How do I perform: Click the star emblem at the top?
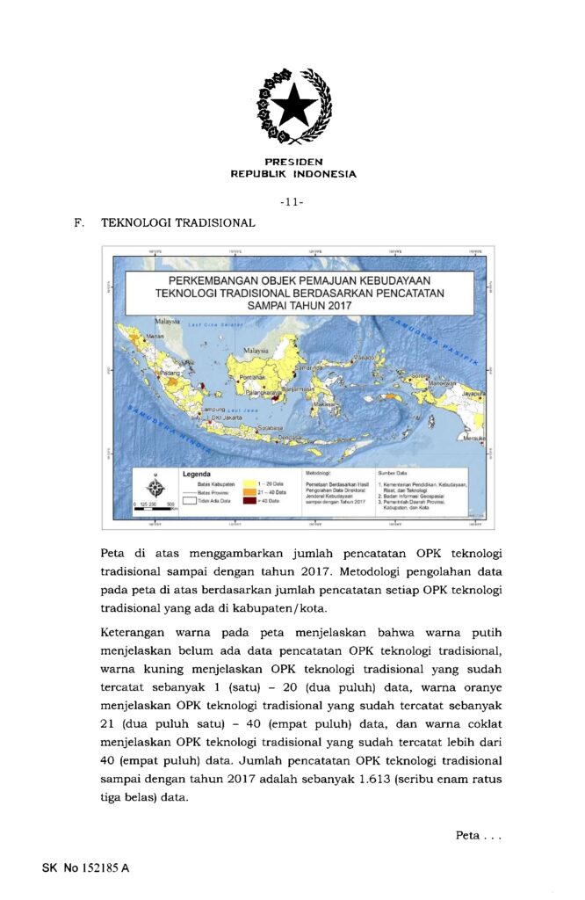click(293, 106)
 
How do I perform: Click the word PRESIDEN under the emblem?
click(293, 162)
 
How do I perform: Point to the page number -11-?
click(292, 202)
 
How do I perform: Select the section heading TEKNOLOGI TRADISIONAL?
click(178, 223)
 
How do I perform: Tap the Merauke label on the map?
click(474, 437)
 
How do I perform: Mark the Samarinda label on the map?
click(309, 367)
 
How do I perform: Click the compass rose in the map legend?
click(155, 486)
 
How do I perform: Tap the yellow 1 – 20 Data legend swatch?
click(249, 483)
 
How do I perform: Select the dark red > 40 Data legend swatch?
click(249, 500)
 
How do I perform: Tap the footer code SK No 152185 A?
click(85, 868)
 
